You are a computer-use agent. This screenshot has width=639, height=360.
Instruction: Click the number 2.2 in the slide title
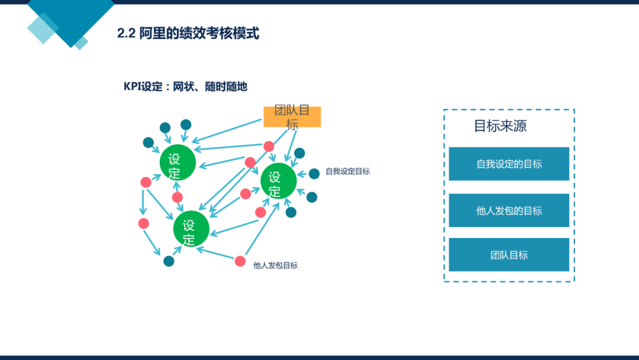coord(126,33)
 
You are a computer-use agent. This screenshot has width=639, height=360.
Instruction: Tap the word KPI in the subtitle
coord(132,86)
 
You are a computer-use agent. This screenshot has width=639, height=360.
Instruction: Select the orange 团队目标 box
coord(292,117)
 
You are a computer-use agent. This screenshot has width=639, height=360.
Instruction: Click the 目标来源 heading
coord(500,126)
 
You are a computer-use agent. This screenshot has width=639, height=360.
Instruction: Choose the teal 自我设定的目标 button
coord(509,164)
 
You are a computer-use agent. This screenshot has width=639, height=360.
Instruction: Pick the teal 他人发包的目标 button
coord(509,210)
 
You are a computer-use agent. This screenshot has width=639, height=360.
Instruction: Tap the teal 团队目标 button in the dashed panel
coord(509,255)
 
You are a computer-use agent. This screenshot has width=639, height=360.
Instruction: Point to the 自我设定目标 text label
coord(348,172)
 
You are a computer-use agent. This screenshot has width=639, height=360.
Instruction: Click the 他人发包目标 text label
coord(276,266)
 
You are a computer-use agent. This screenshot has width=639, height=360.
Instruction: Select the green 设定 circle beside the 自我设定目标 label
coord(278,181)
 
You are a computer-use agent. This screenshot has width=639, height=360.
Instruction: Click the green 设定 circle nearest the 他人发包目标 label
coord(191,229)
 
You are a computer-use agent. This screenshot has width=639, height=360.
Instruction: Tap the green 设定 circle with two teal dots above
coord(177,162)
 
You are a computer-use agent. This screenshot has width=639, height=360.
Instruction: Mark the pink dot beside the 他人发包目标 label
coord(240,261)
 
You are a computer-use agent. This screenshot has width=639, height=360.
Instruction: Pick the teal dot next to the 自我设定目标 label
coord(314,173)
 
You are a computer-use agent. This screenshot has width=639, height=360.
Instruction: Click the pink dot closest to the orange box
coord(269,146)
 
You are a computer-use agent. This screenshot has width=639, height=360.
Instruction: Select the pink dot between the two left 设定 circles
coord(177,197)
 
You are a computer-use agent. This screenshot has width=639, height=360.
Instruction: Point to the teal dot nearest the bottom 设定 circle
coord(169,261)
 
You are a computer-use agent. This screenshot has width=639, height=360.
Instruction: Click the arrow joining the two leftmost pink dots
coord(143,202)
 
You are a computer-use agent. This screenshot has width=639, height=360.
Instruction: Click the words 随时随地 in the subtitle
coord(226,86)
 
